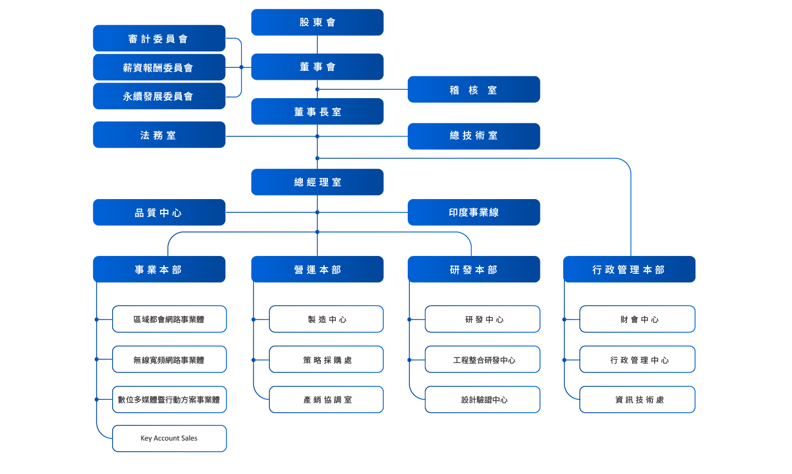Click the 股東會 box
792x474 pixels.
point(317,22)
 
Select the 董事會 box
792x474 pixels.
point(317,67)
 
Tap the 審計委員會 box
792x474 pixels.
point(159,38)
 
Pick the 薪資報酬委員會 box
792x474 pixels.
point(159,67)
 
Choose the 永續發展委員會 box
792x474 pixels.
point(159,96)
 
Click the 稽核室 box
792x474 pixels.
point(474,89)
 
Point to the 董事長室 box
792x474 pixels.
point(317,112)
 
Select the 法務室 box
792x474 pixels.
point(159,134)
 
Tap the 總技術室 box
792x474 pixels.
point(474,137)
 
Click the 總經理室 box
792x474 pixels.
point(317,182)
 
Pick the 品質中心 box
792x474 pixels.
point(159,212)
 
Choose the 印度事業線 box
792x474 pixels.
point(474,212)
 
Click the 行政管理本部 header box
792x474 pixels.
point(629,269)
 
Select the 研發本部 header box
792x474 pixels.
point(474,269)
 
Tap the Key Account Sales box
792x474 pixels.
point(170,438)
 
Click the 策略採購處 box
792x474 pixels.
point(326,360)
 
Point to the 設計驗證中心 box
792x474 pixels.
point(482,399)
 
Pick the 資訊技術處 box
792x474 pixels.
point(638,399)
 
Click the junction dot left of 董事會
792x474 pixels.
point(242,67)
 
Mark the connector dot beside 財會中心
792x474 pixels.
point(564,320)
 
